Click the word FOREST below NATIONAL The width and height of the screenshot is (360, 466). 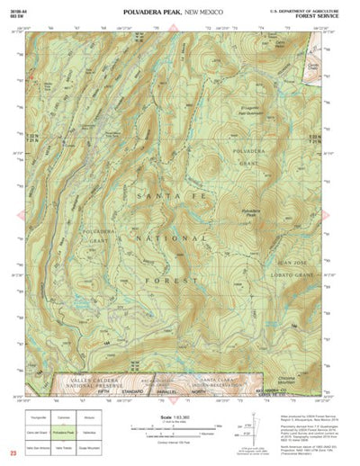coord(175,281)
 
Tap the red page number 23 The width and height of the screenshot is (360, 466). coord(13,453)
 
